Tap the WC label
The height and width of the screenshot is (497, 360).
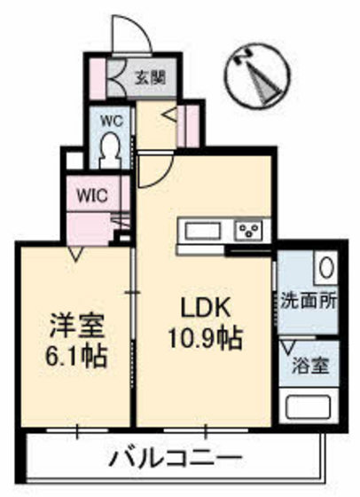click(112, 121)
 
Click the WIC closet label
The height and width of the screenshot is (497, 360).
click(93, 196)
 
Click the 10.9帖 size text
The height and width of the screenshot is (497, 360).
click(206, 338)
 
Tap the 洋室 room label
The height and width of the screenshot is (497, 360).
click(76, 327)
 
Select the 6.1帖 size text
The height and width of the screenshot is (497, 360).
click(76, 356)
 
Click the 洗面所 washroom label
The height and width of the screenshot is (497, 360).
click(309, 300)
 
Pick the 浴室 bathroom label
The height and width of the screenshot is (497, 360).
click(311, 366)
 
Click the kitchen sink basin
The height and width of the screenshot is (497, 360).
click(203, 231)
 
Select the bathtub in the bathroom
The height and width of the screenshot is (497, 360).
click(308, 406)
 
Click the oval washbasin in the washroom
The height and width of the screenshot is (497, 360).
click(326, 267)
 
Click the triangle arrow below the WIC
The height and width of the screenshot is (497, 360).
click(75, 253)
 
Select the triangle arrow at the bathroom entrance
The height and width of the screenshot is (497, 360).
click(288, 347)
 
